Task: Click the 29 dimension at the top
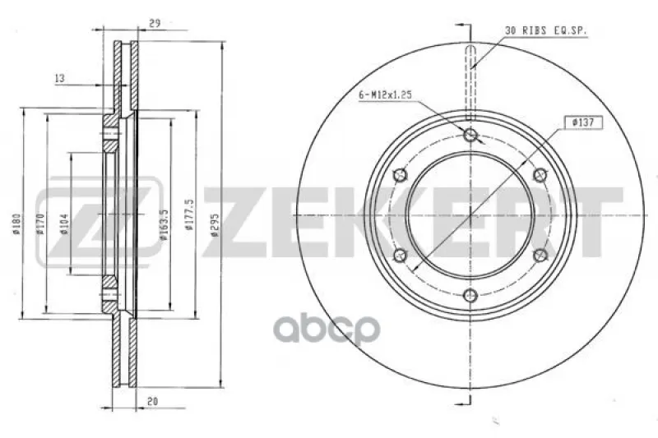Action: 155,24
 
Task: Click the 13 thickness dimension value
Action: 59,78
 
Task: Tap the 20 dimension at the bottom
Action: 153,401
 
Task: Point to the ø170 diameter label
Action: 40,224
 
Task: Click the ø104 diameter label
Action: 64,224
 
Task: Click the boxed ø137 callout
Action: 583,122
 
